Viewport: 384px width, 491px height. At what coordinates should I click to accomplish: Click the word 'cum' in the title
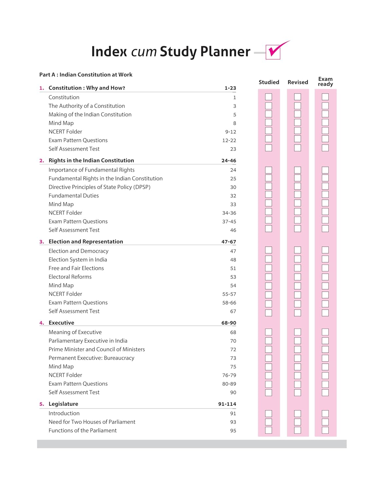144,52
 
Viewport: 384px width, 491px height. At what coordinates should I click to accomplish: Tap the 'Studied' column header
269,82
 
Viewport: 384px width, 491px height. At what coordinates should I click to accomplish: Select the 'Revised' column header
298,82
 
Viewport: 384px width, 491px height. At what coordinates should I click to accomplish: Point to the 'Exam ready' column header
325,82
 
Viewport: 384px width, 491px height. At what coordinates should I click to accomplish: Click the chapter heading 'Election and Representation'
86,242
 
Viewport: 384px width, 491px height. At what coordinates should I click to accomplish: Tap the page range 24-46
229,161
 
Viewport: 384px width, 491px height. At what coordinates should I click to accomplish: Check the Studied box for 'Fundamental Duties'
269,194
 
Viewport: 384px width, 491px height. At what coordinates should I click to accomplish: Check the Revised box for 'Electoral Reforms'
297,277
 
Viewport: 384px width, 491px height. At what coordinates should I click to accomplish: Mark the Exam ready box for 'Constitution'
325,97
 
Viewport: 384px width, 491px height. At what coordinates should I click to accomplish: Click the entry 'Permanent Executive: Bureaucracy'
91,358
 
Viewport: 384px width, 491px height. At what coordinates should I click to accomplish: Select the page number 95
233,431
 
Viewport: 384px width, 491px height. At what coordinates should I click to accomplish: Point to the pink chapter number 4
42,323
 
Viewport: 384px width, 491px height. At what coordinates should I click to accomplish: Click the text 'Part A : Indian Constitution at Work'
86,75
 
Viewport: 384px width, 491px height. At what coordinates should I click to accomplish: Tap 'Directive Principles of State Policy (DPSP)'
99,187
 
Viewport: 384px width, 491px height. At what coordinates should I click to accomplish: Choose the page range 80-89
229,384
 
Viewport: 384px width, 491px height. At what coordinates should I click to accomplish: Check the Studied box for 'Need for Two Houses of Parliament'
269,422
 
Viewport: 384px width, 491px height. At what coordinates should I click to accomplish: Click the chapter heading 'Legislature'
63,404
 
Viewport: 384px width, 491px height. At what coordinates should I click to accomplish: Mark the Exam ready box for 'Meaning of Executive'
325,332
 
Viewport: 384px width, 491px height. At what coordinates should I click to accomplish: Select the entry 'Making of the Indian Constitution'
90,115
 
